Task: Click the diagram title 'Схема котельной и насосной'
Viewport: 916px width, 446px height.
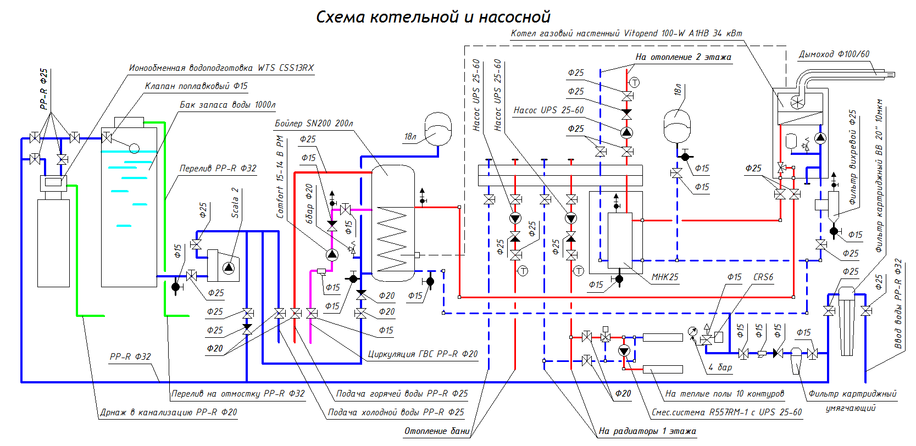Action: click(433, 17)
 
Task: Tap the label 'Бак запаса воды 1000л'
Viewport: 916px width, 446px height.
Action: click(227, 105)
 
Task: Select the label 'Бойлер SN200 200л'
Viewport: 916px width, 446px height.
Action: click(314, 124)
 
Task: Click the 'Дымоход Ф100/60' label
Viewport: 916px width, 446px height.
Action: click(834, 54)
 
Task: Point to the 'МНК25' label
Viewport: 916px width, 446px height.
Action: click(665, 277)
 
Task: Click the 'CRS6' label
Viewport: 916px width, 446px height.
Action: click(763, 277)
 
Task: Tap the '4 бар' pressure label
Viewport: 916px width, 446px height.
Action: click(720, 367)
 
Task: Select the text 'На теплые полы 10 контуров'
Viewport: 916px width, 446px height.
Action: click(724, 394)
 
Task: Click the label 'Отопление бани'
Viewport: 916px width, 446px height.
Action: click(437, 431)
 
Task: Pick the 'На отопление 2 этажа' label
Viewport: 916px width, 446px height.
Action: click(683, 57)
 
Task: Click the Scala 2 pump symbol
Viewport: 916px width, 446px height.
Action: click(229, 267)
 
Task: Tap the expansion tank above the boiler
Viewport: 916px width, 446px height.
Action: click(438, 129)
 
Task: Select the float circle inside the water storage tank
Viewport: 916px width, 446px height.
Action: click(134, 148)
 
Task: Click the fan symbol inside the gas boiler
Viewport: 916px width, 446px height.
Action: click(797, 102)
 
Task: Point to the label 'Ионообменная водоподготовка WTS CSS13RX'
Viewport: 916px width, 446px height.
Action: click(221, 68)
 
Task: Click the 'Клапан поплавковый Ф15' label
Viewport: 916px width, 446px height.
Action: click(196, 86)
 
